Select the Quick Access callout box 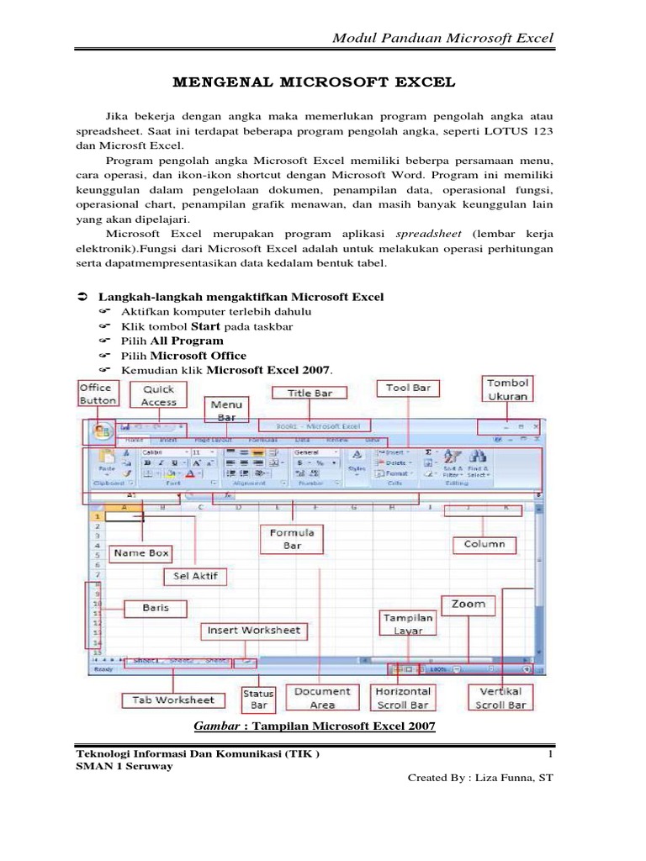coord(158,395)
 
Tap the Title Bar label coord(311,393)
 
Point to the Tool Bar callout coord(408,388)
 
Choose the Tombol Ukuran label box coord(508,389)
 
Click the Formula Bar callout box coord(291,539)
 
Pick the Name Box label coord(141,552)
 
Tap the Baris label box coord(155,607)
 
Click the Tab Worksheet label coord(173,700)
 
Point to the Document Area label coord(322,698)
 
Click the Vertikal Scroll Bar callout coord(501,698)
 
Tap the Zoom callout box coord(468,604)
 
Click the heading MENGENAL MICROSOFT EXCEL coord(314,82)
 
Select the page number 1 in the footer coord(548,754)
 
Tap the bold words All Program coord(187,341)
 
